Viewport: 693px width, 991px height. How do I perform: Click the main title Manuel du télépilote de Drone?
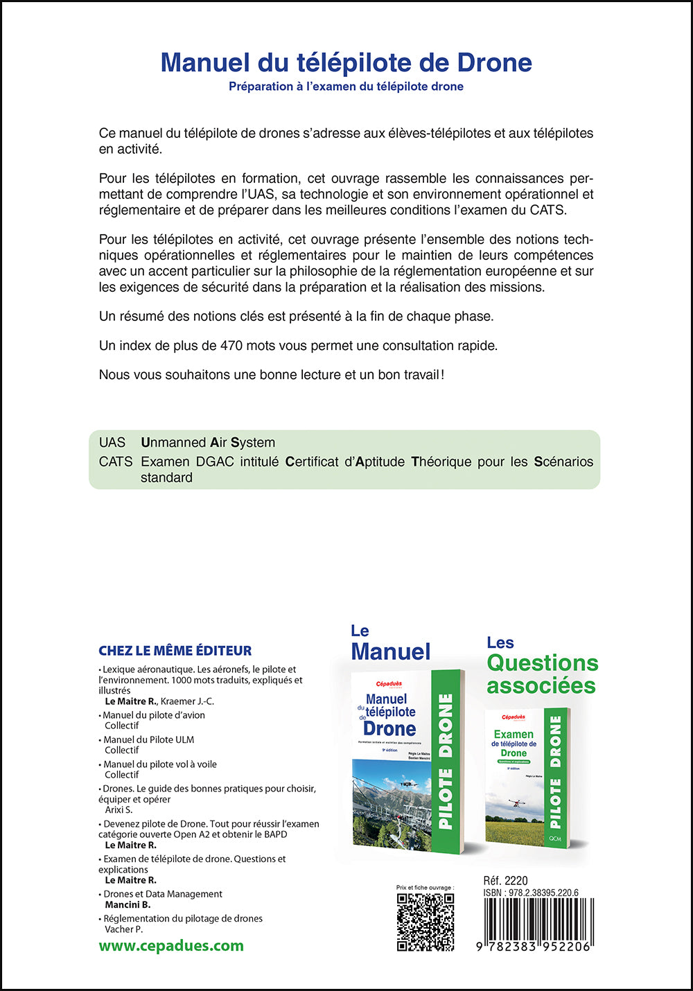346,63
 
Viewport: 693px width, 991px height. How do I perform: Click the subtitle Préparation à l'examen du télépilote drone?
346,87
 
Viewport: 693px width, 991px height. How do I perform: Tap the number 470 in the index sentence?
231,345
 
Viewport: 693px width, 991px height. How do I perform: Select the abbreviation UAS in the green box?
112,442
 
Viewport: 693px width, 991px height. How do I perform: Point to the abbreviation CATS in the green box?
116,462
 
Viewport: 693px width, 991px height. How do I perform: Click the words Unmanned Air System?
208,442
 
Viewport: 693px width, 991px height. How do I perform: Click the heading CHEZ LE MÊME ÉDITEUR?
175,651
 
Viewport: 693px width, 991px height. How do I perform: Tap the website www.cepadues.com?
171,946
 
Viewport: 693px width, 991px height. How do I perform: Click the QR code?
425,922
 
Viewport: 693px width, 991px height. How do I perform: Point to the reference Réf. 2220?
505,881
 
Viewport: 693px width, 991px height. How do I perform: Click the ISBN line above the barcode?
531,893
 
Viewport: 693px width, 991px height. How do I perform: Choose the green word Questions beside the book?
542,663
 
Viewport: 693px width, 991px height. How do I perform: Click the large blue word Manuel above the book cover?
391,651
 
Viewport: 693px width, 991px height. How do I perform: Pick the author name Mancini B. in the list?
128,904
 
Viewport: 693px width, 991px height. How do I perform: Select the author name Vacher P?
123,929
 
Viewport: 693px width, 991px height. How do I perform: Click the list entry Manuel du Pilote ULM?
148,739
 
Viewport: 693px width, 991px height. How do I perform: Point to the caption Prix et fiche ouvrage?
425,887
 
